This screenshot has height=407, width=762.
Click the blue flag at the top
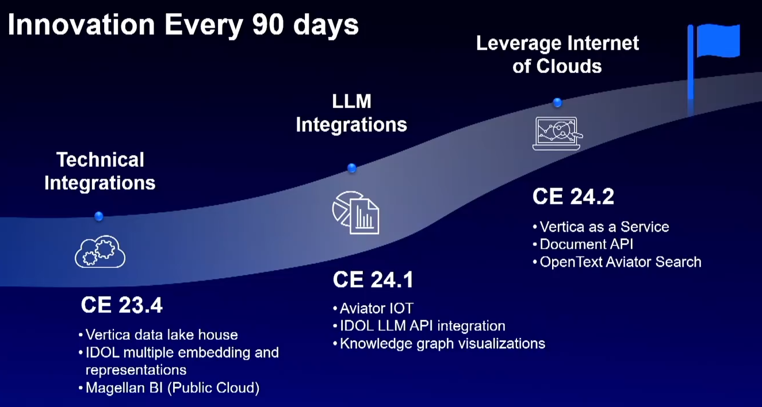(x=718, y=41)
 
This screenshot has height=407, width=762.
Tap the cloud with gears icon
(x=100, y=251)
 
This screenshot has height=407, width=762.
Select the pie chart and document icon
(x=356, y=213)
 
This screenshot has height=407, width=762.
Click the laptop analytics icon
(x=557, y=133)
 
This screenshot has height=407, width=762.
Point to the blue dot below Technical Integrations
(x=99, y=216)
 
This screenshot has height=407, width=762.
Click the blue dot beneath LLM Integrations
(x=352, y=168)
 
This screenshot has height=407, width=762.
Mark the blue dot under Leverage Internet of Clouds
(x=557, y=102)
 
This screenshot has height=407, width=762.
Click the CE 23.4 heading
(x=122, y=305)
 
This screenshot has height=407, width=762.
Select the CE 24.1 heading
(x=373, y=279)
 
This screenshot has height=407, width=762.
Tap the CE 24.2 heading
(x=573, y=196)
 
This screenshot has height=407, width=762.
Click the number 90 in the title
(x=268, y=25)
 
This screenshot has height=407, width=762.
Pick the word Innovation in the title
(x=81, y=25)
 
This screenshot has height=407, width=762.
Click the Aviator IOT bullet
(x=373, y=308)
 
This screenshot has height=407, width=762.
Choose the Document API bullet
(x=583, y=244)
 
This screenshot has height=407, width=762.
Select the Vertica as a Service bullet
(x=601, y=227)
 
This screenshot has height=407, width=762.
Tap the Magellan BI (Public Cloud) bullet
(x=169, y=387)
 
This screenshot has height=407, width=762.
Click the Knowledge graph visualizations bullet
(x=439, y=344)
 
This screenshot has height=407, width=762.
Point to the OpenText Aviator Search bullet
(x=617, y=262)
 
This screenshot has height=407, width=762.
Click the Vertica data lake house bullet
(x=158, y=335)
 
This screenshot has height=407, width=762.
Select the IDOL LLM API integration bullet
(x=419, y=326)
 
